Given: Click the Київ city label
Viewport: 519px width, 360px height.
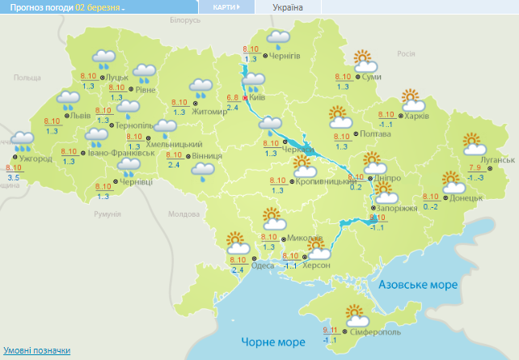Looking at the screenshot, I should (258, 97).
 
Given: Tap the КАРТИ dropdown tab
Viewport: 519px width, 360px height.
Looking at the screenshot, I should (226, 7).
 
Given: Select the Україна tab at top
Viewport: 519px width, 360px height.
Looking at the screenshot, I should (289, 7).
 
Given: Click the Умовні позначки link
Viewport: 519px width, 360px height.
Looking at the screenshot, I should (36, 350).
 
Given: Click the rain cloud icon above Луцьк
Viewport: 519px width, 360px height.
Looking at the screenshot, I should (103, 58).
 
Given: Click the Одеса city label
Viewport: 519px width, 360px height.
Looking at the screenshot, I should (262, 265).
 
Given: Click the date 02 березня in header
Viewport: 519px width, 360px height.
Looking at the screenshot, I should (98, 7).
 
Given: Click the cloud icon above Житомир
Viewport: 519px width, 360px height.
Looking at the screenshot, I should (200, 87).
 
